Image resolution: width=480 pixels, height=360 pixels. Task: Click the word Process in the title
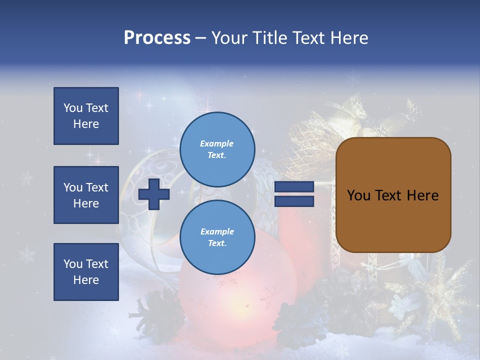pyautogui.click(x=157, y=38)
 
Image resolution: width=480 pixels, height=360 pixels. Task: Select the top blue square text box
pyautogui.click(x=86, y=116)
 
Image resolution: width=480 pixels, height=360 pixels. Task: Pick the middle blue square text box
pyautogui.click(x=86, y=195)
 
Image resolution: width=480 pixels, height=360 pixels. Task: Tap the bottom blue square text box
pyautogui.click(x=86, y=272)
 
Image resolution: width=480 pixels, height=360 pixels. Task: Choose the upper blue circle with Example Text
pyautogui.click(x=217, y=149)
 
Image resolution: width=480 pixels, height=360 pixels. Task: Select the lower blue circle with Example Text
pyautogui.click(x=217, y=237)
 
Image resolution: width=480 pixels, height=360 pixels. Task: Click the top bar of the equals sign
pyautogui.click(x=294, y=186)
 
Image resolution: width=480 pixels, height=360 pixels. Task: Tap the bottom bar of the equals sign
pyautogui.click(x=294, y=201)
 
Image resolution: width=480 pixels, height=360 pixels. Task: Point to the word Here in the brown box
pyautogui.click(x=422, y=195)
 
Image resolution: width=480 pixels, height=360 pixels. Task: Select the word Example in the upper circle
pyautogui.click(x=216, y=143)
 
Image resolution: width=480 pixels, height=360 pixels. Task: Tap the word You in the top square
pyautogui.click(x=73, y=108)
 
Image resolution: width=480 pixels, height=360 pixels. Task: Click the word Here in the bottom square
pyautogui.click(x=86, y=280)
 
